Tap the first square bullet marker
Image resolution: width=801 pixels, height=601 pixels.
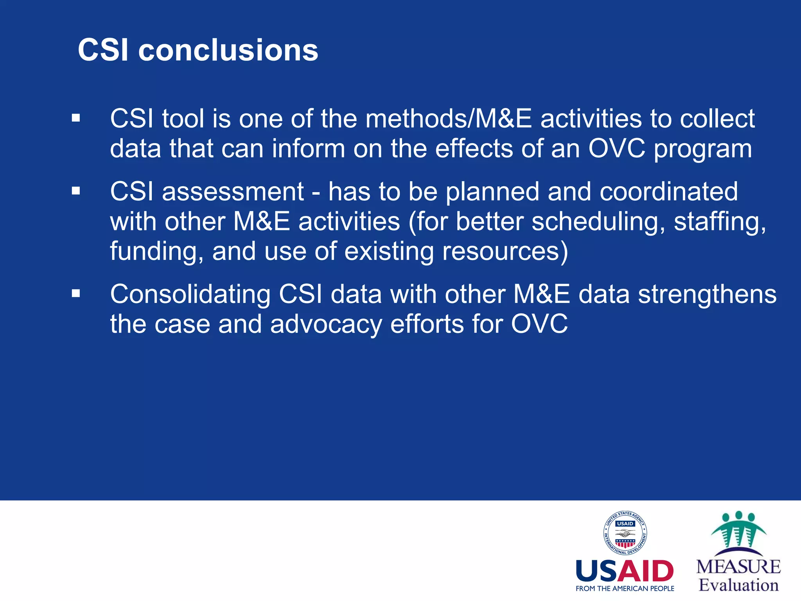point(76,118)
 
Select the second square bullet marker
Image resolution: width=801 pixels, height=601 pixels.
point(76,191)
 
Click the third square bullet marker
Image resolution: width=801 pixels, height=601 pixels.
point(76,293)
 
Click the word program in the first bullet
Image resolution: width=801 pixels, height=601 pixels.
point(703,149)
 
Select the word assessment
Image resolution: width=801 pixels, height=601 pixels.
point(233,192)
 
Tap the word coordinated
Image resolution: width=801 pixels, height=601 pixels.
point(668,192)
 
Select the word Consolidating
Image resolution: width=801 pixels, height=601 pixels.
point(190,294)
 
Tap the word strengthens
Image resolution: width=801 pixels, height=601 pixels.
point(707,294)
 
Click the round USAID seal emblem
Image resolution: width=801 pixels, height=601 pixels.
point(625,533)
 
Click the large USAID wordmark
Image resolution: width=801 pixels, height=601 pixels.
point(625,571)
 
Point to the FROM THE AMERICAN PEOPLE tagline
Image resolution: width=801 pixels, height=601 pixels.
point(625,588)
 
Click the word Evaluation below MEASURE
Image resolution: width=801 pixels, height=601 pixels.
point(738,585)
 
